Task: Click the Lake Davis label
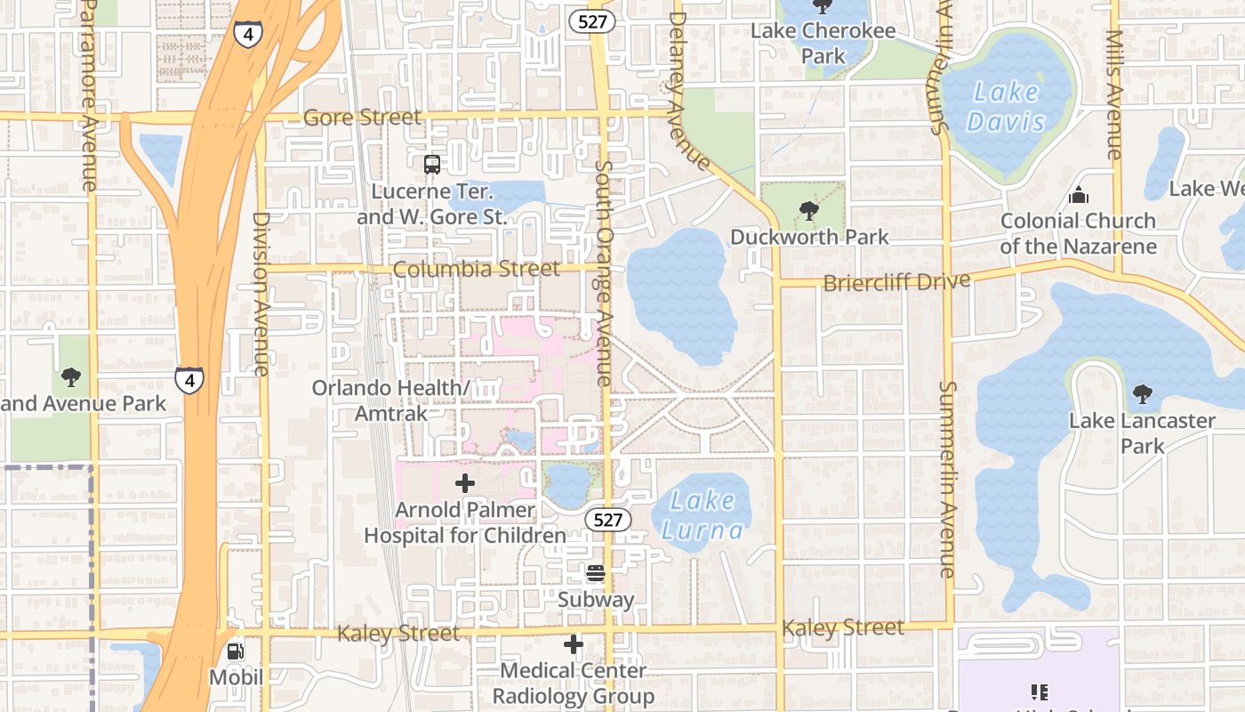pyautogui.click(x=1006, y=106)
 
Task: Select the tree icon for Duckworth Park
pyautogui.click(x=808, y=211)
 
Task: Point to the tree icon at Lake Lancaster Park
pyautogui.click(x=1142, y=393)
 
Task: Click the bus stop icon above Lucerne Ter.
pyautogui.click(x=431, y=164)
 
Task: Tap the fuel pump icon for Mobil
pyautogui.click(x=236, y=651)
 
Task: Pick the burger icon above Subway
pyautogui.click(x=596, y=573)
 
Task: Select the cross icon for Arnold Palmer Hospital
pyautogui.click(x=464, y=484)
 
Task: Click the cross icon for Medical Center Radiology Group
pyautogui.click(x=574, y=643)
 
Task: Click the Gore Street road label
pyautogui.click(x=362, y=117)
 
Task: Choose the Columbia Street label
pyautogui.click(x=477, y=269)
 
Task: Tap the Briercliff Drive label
pyautogui.click(x=896, y=282)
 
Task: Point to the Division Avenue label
pyautogui.click(x=260, y=294)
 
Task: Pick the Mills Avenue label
pyautogui.click(x=1114, y=94)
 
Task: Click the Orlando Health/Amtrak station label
pyautogui.click(x=390, y=400)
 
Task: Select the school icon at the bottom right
pyautogui.click(x=1038, y=692)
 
